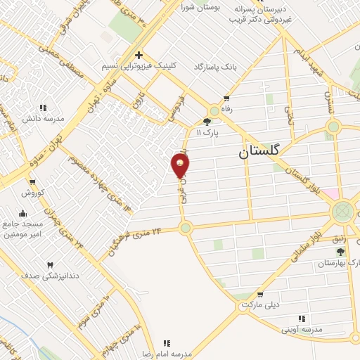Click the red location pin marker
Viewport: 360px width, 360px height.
pos(181,165)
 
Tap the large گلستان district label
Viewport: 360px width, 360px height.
pos(259,150)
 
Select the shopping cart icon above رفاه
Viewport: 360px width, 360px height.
pos(226,98)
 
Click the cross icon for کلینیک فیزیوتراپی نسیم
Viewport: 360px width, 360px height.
pos(139,54)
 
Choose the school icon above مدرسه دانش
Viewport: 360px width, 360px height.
pos(42,108)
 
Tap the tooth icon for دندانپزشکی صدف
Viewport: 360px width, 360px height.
pos(49,265)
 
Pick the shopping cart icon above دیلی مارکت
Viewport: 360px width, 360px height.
pos(260,295)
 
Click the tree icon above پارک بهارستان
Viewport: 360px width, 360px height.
pos(341,251)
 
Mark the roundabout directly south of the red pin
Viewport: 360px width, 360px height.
pos(186,228)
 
